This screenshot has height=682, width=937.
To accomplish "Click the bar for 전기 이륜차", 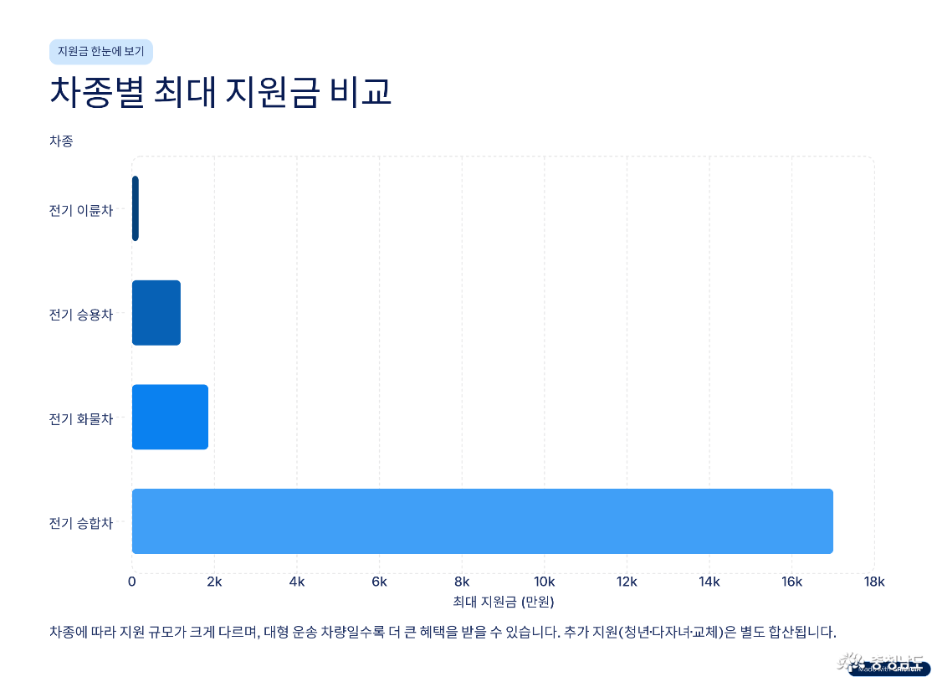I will pos(136,208).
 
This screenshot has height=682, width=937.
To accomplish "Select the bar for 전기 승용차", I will pos(156,313).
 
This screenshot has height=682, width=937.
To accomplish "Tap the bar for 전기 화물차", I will pos(170,417).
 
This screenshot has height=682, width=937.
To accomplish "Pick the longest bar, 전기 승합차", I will pos(482,520).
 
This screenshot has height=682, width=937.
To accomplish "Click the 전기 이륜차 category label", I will pos(80,210).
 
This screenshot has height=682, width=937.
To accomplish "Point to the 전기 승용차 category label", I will pos(80,315).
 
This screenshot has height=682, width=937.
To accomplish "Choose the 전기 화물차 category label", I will pos(80,418).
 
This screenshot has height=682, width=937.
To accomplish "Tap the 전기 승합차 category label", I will pos(80,523).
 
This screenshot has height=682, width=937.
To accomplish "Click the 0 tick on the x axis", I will pos(132,582).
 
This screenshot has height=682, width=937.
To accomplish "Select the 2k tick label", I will pos(214,582).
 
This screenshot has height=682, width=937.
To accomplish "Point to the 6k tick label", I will pos(379,582).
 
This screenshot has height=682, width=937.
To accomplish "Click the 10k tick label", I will pos(545,582).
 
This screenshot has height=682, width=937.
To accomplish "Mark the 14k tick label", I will pos(709,582).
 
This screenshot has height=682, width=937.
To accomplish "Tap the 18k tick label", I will pos(874,582).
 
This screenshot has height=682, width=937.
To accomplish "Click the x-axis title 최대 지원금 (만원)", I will pos(503,602).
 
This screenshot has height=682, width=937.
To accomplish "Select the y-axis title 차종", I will pos(61,141).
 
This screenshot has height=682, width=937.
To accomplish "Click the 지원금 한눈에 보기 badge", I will pos(101,51).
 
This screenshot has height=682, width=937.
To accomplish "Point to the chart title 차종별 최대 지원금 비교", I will pos(221,92).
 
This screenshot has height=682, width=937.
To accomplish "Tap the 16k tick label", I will pos(791,582).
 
